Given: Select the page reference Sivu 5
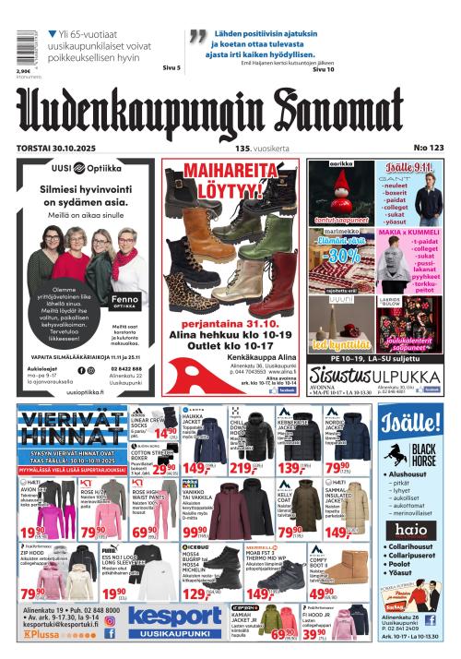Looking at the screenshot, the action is (x=171, y=67).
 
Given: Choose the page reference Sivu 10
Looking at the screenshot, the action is (x=323, y=68).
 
